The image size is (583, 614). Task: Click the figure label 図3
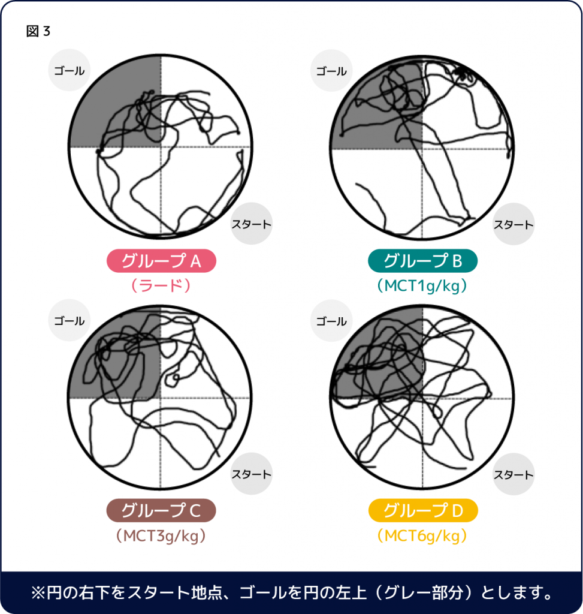[38, 31]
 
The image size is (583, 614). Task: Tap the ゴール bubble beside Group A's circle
[70, 70]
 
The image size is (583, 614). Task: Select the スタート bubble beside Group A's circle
[251, 224]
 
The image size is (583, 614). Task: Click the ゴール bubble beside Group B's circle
[331, 71]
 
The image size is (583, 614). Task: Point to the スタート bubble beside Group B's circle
[513, 224]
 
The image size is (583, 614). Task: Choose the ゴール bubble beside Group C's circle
[70, 320]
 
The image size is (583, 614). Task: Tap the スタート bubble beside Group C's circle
[251, 474]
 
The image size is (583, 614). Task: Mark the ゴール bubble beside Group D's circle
[331, 321]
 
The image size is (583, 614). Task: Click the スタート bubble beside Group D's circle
[513, 474]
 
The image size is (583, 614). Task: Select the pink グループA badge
[161, 261]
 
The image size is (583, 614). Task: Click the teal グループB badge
[422, 261]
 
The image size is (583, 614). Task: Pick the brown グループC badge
[161, 511]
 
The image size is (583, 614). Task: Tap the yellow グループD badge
[423, 511]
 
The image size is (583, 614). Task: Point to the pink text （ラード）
[161, 285]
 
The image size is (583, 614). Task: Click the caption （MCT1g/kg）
[422, 286]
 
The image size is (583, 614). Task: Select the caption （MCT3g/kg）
[161, 535]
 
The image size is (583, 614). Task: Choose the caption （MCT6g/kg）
[422, 535]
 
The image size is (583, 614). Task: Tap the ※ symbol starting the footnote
[38, 593]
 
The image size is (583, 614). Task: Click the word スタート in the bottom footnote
[158, 593]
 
